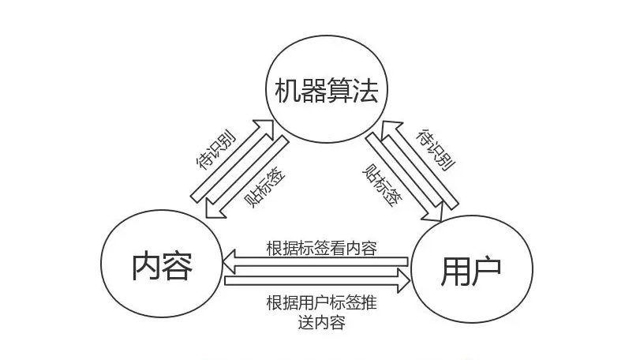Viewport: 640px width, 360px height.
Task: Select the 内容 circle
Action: [162, 264]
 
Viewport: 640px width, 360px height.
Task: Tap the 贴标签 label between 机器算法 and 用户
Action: [380, 185]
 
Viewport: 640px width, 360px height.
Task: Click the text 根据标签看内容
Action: [320, 247]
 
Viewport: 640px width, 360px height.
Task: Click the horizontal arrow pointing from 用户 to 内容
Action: [316, 260]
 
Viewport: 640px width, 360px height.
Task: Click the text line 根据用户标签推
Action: [320, 302]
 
